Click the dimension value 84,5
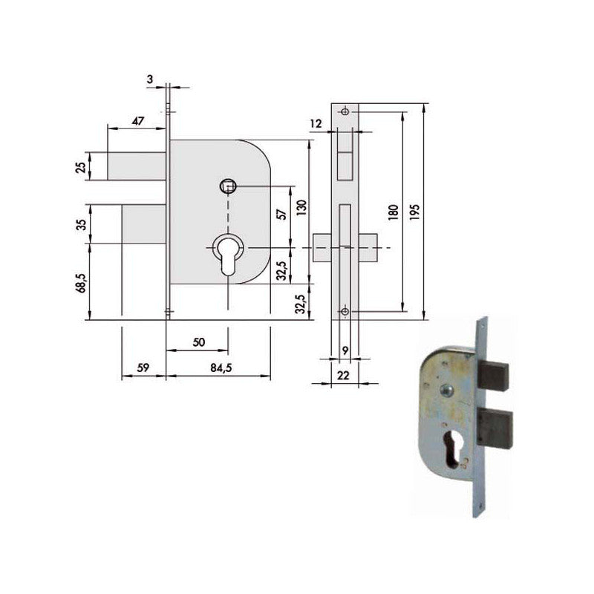pos(216,366)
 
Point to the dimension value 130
pos(300,206)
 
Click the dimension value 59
pos(143,366)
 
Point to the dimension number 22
pos(343,375)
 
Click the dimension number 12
pos(316,124)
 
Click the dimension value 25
pos(82,166)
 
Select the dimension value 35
pos(82,223)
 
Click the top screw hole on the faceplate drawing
pos(345,111)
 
